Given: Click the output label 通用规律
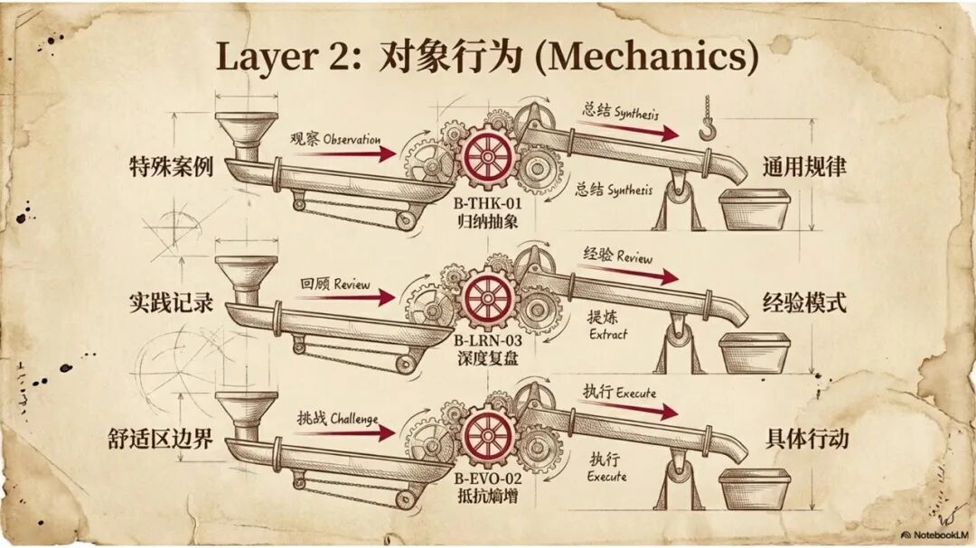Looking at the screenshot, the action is [x=804, y=168].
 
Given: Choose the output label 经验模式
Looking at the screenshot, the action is [x=804, y=303].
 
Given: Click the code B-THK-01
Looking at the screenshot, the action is [x=489, y=205].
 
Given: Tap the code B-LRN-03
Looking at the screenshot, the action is [x=489, y=341].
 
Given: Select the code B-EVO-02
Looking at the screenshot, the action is [x=489, y=478].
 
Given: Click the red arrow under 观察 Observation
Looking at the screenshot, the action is [x=343, y=154].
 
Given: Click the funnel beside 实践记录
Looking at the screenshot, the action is [x=247, y=275].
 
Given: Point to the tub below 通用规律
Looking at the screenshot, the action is [x=754, y=209].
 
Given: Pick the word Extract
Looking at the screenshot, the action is [x=607, y=334].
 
